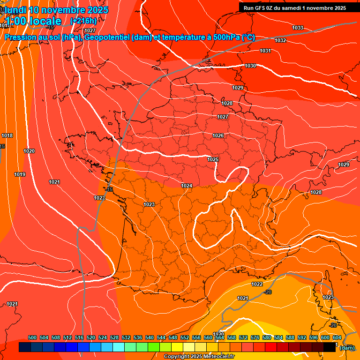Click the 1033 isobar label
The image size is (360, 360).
298,28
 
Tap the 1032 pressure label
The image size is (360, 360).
280,40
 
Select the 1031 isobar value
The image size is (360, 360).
265,51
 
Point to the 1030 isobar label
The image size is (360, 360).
250,66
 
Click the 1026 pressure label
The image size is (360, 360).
218,135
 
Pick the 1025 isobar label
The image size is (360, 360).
213,159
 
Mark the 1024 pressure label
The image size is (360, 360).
187,186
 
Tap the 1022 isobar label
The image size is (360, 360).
257,284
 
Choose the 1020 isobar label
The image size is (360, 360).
29,151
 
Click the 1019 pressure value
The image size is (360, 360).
20,174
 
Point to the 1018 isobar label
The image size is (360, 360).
7,135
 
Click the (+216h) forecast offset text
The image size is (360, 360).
83,21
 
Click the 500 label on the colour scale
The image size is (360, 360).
32,337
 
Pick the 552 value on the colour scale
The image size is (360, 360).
185,337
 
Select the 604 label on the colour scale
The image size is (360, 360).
337,337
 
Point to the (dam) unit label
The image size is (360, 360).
347,347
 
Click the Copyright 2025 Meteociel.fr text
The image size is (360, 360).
199,356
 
